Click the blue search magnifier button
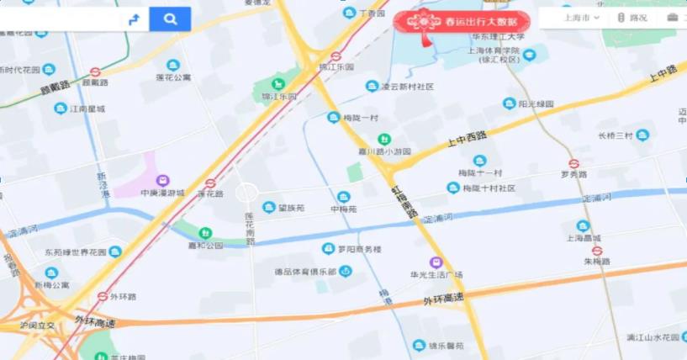click(x=170, y=19)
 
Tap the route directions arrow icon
click(x=134, y=19)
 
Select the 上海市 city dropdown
click(x=581, y=17)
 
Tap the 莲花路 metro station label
click(x=210, y=193)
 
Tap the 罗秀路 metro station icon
click(x=574, y=164)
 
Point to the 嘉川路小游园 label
click(x=383, y=151)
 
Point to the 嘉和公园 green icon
click(x=205, y=233)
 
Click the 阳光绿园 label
click(x=536, y=103)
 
